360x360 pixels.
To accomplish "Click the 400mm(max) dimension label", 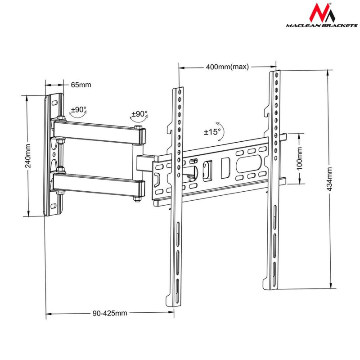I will coord(227,67).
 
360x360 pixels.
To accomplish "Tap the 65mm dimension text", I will coord(81,85).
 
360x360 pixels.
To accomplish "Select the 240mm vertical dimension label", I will coord(28,156).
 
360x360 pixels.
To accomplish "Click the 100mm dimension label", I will coord(300,158).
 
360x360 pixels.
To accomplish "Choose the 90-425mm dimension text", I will coord(110,313).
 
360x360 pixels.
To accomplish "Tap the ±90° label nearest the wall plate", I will coord(78,109).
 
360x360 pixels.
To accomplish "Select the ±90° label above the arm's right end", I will coord(139,114).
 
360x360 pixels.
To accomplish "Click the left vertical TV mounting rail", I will coord(175,198).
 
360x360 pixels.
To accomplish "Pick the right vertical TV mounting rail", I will coord(273,180).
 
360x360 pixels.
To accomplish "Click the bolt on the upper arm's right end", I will coord(140,135).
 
